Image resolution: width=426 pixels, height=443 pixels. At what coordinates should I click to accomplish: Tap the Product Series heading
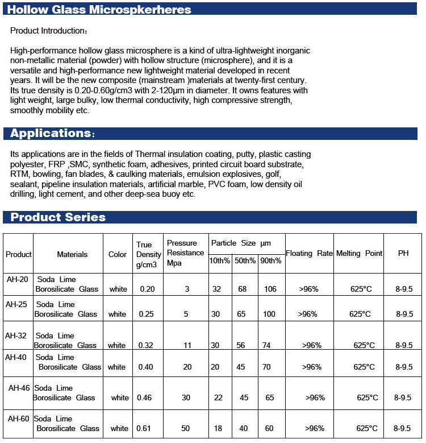58,217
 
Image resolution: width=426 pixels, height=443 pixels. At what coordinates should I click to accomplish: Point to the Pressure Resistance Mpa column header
185,253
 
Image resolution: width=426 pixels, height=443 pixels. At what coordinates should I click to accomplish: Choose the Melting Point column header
359,254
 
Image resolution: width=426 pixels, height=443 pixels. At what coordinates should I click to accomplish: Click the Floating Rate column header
309,254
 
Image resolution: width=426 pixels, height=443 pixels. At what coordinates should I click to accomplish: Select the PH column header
403,254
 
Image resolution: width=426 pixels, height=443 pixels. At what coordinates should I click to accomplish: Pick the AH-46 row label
19,388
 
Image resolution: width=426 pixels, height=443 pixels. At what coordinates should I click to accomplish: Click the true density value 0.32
147,345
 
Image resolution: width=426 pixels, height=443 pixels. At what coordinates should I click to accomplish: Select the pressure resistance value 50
186,428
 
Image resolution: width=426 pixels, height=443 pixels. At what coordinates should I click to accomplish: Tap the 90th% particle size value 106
270,289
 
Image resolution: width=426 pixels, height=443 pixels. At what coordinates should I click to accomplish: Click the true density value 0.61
144,428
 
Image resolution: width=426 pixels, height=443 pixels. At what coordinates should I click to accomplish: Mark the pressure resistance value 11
187,345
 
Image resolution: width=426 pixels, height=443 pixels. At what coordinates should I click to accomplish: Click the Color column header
118,254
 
